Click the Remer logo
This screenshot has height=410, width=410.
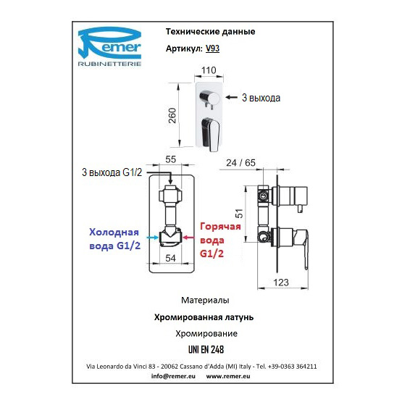(110, 46)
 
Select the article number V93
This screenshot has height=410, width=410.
(212, 49)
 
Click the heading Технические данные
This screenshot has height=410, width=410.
(211, 32)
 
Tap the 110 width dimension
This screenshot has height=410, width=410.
(209, 70)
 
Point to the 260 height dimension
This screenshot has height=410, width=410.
(172, 115)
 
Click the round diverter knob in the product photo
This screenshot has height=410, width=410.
(209, 98)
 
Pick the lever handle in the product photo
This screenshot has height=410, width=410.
(210, 134)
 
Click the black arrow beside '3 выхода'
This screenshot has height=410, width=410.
(231, 97)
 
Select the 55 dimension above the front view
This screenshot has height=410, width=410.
(170, 159)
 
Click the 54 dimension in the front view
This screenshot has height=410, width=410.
(170, 258)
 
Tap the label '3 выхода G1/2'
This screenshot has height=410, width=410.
(112, 172)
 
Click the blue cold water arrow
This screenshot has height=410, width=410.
(153, 238)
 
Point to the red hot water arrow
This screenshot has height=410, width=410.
(188, 238)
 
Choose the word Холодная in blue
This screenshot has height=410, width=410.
(114, 233)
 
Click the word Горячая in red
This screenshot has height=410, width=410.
(220, 227)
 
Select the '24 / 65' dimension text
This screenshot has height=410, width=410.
(240, 163)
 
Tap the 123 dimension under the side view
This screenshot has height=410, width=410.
(281, 283)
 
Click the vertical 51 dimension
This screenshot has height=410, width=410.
(239, 214)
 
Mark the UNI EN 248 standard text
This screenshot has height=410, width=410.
(206, 350)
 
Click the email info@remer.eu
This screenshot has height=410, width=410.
(173, 376)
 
